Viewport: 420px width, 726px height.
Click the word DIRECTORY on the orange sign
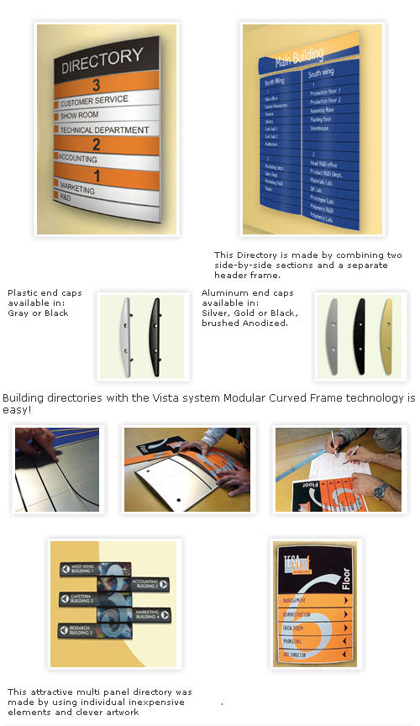pos(102,58)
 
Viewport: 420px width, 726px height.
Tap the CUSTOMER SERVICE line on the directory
pos(94,100)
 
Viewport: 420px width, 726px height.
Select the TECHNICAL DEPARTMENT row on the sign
pos(104,130)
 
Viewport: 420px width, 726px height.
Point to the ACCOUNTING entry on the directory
pos(78,157)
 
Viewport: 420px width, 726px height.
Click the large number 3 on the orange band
pos(97,85)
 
